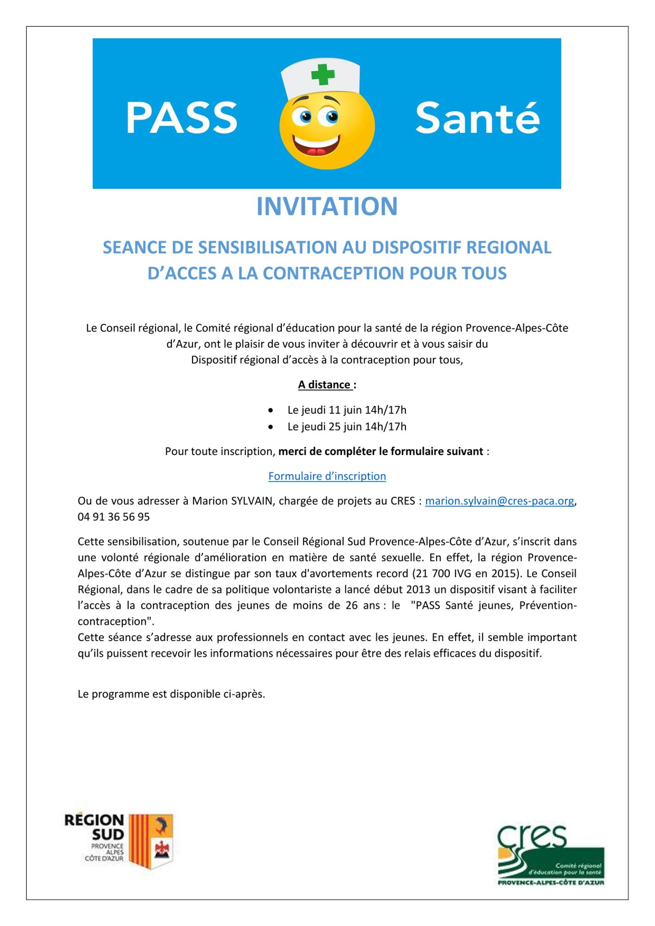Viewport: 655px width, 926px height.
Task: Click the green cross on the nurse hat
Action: pyautogui.click(x=323, y=75)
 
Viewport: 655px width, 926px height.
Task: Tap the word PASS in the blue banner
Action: pyautogui.click(x=181, y=119)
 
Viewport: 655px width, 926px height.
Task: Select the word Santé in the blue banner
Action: pyautogui.click(x=477, y=119)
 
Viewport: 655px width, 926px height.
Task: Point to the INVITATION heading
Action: pyautogui.click(x=327, y=206)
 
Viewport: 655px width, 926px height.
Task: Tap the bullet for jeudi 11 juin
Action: pyautogui.click(x=271, y=410)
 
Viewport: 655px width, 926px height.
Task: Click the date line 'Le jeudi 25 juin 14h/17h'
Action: pyautogui.click(x=347, y=426)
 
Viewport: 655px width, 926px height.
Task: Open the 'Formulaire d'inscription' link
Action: pyautogui.click(x=327, y=476)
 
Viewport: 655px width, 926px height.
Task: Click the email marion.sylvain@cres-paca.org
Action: pyautogui.click(x=499, y=501)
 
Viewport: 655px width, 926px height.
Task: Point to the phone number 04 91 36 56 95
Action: pyautogui.click(x=114, y=517)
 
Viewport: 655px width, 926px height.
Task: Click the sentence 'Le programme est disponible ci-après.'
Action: pyautogui.click(x=171, y=694)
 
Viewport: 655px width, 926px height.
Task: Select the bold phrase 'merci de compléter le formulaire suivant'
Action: pyautogui.click(x=381, y=451)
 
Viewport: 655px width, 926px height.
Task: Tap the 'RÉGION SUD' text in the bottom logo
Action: pyautogui.click(x=95, y=827)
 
